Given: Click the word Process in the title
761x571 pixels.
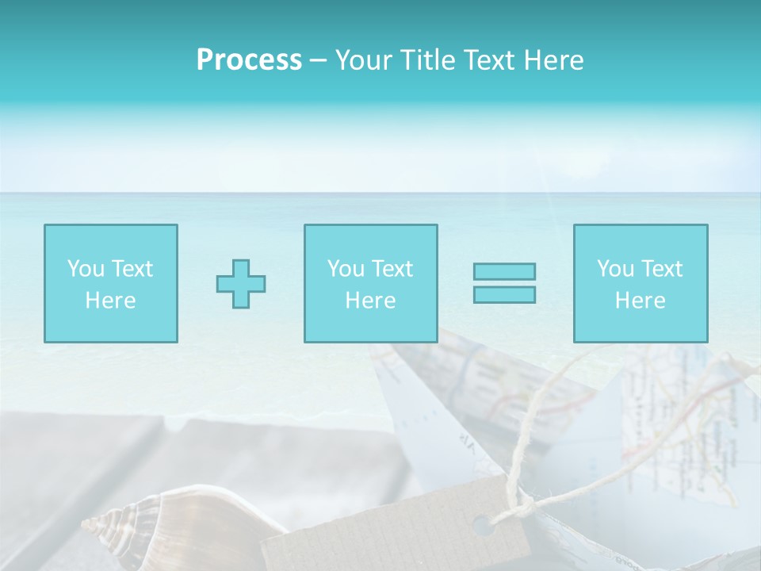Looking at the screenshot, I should click(x=249, y=60).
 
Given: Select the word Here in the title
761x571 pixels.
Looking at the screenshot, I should click(x=552, y=60).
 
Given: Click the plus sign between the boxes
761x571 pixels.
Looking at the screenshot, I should click(x=241, y=284).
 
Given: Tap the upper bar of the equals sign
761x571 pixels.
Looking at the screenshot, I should click(x=504, y=271).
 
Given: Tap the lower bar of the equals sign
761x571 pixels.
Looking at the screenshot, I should click(x=504, y=294).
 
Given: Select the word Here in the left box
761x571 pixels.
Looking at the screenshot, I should click(x=110, y=301).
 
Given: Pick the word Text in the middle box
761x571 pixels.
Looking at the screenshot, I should click(x=392, y=269).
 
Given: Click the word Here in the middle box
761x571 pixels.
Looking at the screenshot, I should click(x=370, y=301).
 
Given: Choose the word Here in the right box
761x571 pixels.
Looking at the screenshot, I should click(x=640, y=301).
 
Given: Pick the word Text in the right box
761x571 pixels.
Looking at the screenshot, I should click(x=661, y=269).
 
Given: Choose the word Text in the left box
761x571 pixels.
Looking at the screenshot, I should click(x=132, y=269).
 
